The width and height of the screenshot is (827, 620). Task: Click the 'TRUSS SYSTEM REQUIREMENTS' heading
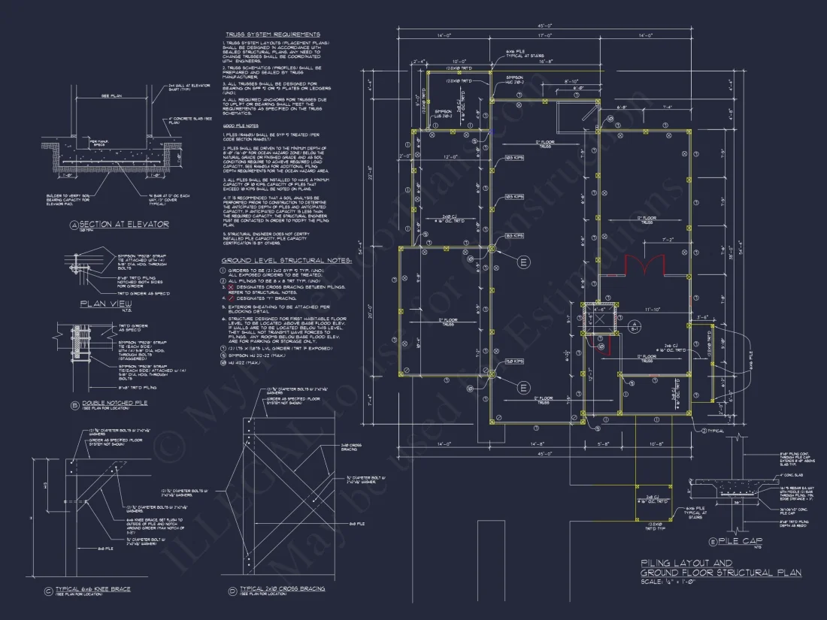[x=272, y=35]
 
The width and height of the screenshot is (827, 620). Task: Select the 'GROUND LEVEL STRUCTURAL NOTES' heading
[x=286, y=261]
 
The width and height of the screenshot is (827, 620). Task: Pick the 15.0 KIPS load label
[x=514, y=362]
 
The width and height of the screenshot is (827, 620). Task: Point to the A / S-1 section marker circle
[x=635, y=325]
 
